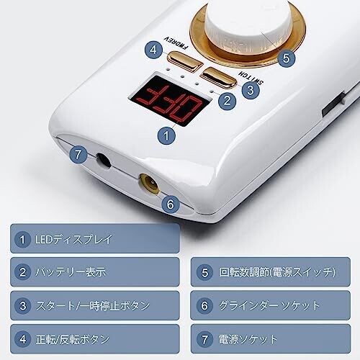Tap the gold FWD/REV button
pos(185,61)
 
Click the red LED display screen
pos(170,101)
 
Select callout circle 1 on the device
pos(166,136)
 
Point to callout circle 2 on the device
pos(227,100)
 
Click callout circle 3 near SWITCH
pos(251,90)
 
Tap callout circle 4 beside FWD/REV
pos(153,50)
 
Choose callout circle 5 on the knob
pos(286,58)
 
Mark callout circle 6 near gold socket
pos(171,204)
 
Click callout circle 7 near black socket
pos(78,155)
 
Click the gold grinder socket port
pos(150,184)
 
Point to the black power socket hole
pos(104,160)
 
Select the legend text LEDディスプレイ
pos(73,239)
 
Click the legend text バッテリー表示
pos(71,272)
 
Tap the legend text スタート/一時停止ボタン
pos(93,306)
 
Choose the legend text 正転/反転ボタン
pos(73,339)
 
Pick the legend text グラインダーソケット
pos(269,306)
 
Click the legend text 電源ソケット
pos(248,339)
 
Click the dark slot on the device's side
pos(334,105)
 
